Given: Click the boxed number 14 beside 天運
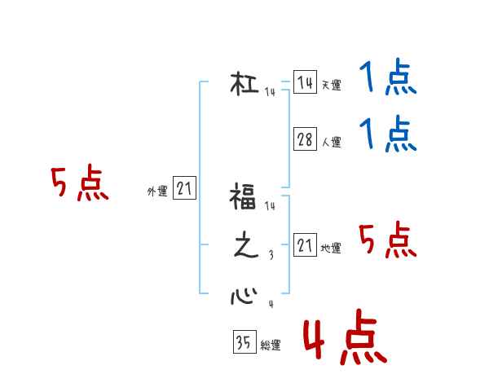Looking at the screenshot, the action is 305,83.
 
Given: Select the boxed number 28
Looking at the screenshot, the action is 305,140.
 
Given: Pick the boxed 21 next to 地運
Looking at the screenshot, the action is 305,244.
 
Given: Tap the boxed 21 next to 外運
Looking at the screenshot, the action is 184,189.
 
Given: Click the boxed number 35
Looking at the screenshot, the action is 244,343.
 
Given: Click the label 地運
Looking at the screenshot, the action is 331,248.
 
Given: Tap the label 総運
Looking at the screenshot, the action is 271,346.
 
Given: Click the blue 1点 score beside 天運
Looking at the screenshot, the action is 388,79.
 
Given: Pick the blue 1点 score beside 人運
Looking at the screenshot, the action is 388,134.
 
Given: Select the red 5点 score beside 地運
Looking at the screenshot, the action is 388,240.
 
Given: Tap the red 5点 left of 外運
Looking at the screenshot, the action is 79,184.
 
